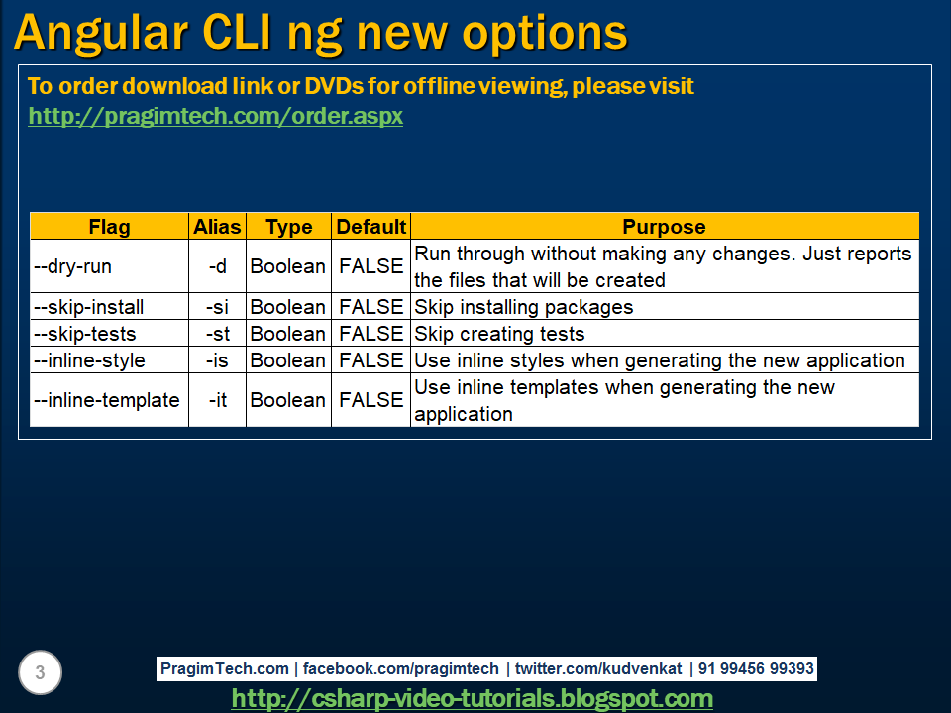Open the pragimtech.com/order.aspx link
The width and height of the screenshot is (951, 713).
click(215, 116)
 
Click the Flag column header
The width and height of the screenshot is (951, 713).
click(109, 227)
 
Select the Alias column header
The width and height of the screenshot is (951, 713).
click(217, 227)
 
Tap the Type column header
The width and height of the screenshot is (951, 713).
click(288, 227)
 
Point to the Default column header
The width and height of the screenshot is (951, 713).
click(370, 227)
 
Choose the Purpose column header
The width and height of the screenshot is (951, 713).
click(664, 227)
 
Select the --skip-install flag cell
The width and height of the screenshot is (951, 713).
click(88, 307)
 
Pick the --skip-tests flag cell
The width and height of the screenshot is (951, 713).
click(84, 334)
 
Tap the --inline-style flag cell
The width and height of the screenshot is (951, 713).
click(89, 360)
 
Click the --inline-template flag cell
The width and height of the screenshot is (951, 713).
click(107, 400)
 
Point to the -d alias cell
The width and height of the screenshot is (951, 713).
click(217, 266)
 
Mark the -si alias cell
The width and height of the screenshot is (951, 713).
click(217, 307)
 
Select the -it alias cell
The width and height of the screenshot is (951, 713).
click(217, 400)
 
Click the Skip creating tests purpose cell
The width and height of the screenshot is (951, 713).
click(499, 334)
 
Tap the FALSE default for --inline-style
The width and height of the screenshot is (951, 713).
click(370, 360)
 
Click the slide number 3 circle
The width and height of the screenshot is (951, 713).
click(40, 673)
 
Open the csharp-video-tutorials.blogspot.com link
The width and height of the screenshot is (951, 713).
click(472, 698)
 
